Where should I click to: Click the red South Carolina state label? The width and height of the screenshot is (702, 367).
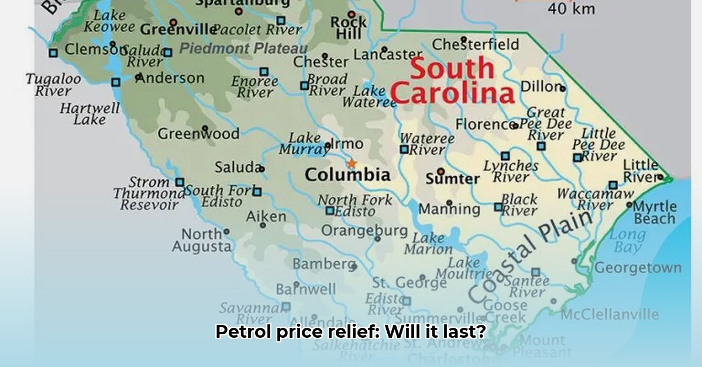point(452,81)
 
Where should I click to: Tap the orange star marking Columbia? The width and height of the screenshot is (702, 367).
point(352,164)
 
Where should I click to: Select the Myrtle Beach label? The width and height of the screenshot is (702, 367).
point(655,213)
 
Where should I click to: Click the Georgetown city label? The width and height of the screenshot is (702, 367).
point(638,268)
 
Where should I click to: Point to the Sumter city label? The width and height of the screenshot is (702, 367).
point(452,178)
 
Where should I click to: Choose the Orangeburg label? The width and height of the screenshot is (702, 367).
point(364,231)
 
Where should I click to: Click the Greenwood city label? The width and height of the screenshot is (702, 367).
point(198,134)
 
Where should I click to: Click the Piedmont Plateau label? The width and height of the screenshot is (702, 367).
point(243,49)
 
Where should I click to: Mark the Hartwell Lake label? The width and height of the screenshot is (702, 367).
point(90,114)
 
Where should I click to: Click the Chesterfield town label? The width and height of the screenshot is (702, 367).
point(476,44)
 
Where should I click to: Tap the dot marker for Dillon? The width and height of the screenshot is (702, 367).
point(563,88)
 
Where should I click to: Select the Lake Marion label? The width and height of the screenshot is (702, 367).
point(428,244)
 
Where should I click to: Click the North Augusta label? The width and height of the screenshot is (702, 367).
point(202,240)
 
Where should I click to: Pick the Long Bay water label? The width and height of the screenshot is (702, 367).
point(627,241)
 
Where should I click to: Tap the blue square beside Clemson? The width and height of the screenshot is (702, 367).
point(53,52)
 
